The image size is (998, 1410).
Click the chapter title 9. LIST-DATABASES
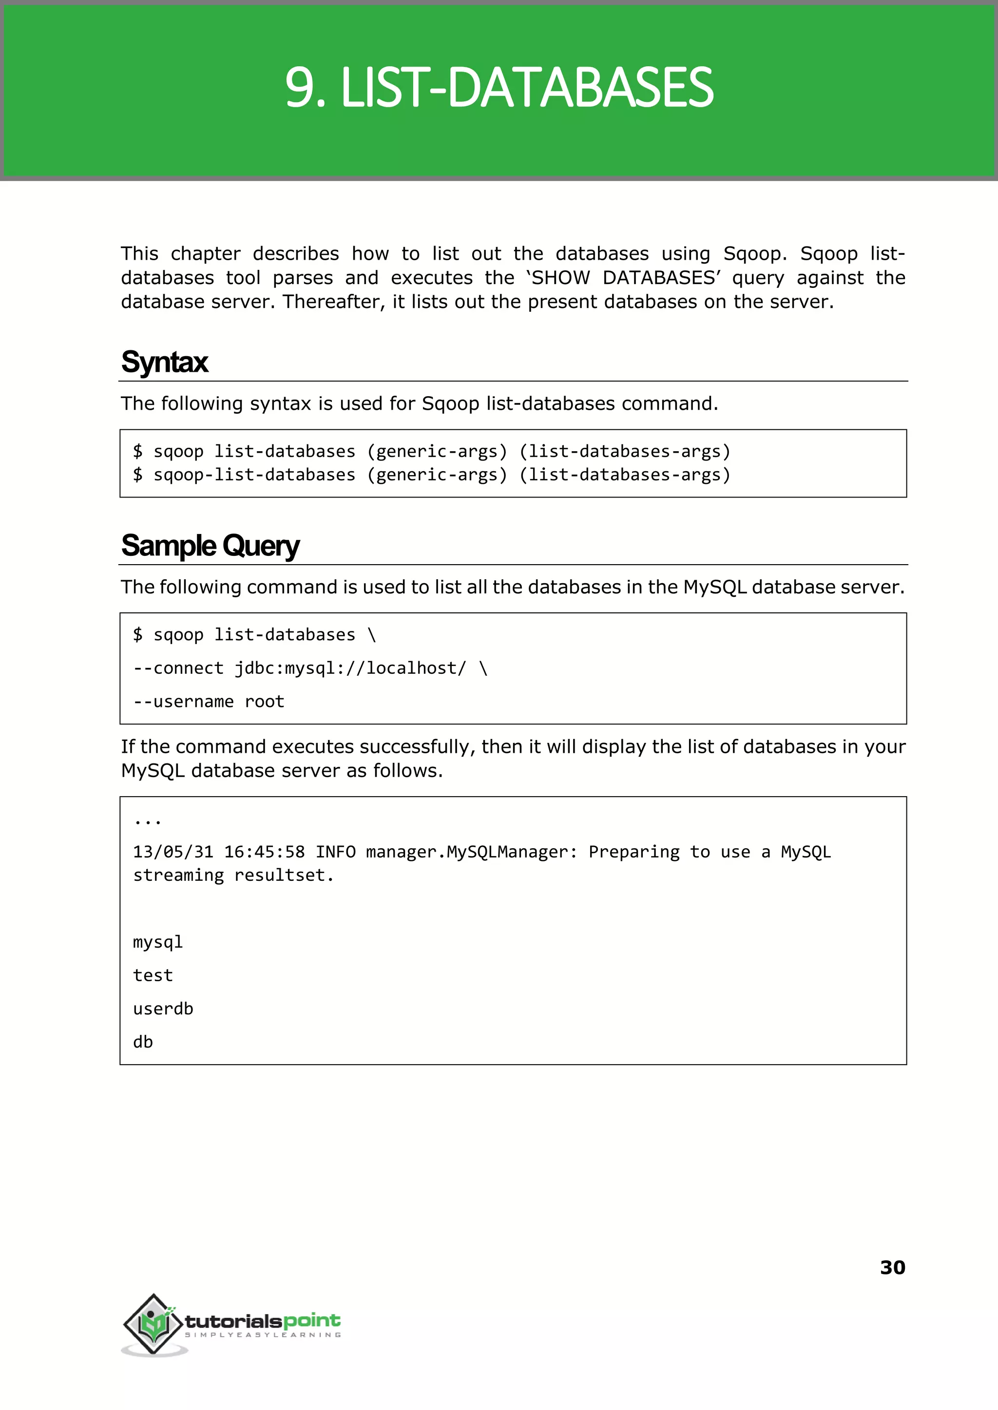pyautogui.click(x=499, y=88)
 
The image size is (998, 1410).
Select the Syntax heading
pyautogui.click(x=165, y=362)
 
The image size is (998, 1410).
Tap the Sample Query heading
pyautogui.click(x=210, y=546)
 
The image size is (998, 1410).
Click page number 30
pyautogui.click(x=892, y=1267)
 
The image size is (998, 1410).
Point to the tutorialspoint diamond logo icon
pyautogui.click(x=154, y=1323)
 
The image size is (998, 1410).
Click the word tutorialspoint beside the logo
pyautogui.click(x=262, y=1321)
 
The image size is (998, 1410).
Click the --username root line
pyautogui.click(x=209, y=702)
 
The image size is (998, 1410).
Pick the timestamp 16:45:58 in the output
pyautogui.click(x=264, y=852)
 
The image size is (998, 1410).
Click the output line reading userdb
pyautogui.click(x=163, y=1009)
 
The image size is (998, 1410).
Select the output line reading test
pyautogui.click(x=153, y=975)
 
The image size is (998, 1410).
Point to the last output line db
pyautogui.click(x=143, y=1042)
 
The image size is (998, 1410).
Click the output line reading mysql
pyautogui.click(x=158, y=942)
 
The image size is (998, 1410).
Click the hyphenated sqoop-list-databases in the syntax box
pyautogui.click(x=254, y=475)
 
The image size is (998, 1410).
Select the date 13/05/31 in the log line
pyautogui.click(x=173, y=852)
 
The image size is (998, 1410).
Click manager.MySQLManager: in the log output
pyautogui.click(x=471, y=852)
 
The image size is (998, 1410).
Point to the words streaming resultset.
pyautogui.click(x=233, y=876)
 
